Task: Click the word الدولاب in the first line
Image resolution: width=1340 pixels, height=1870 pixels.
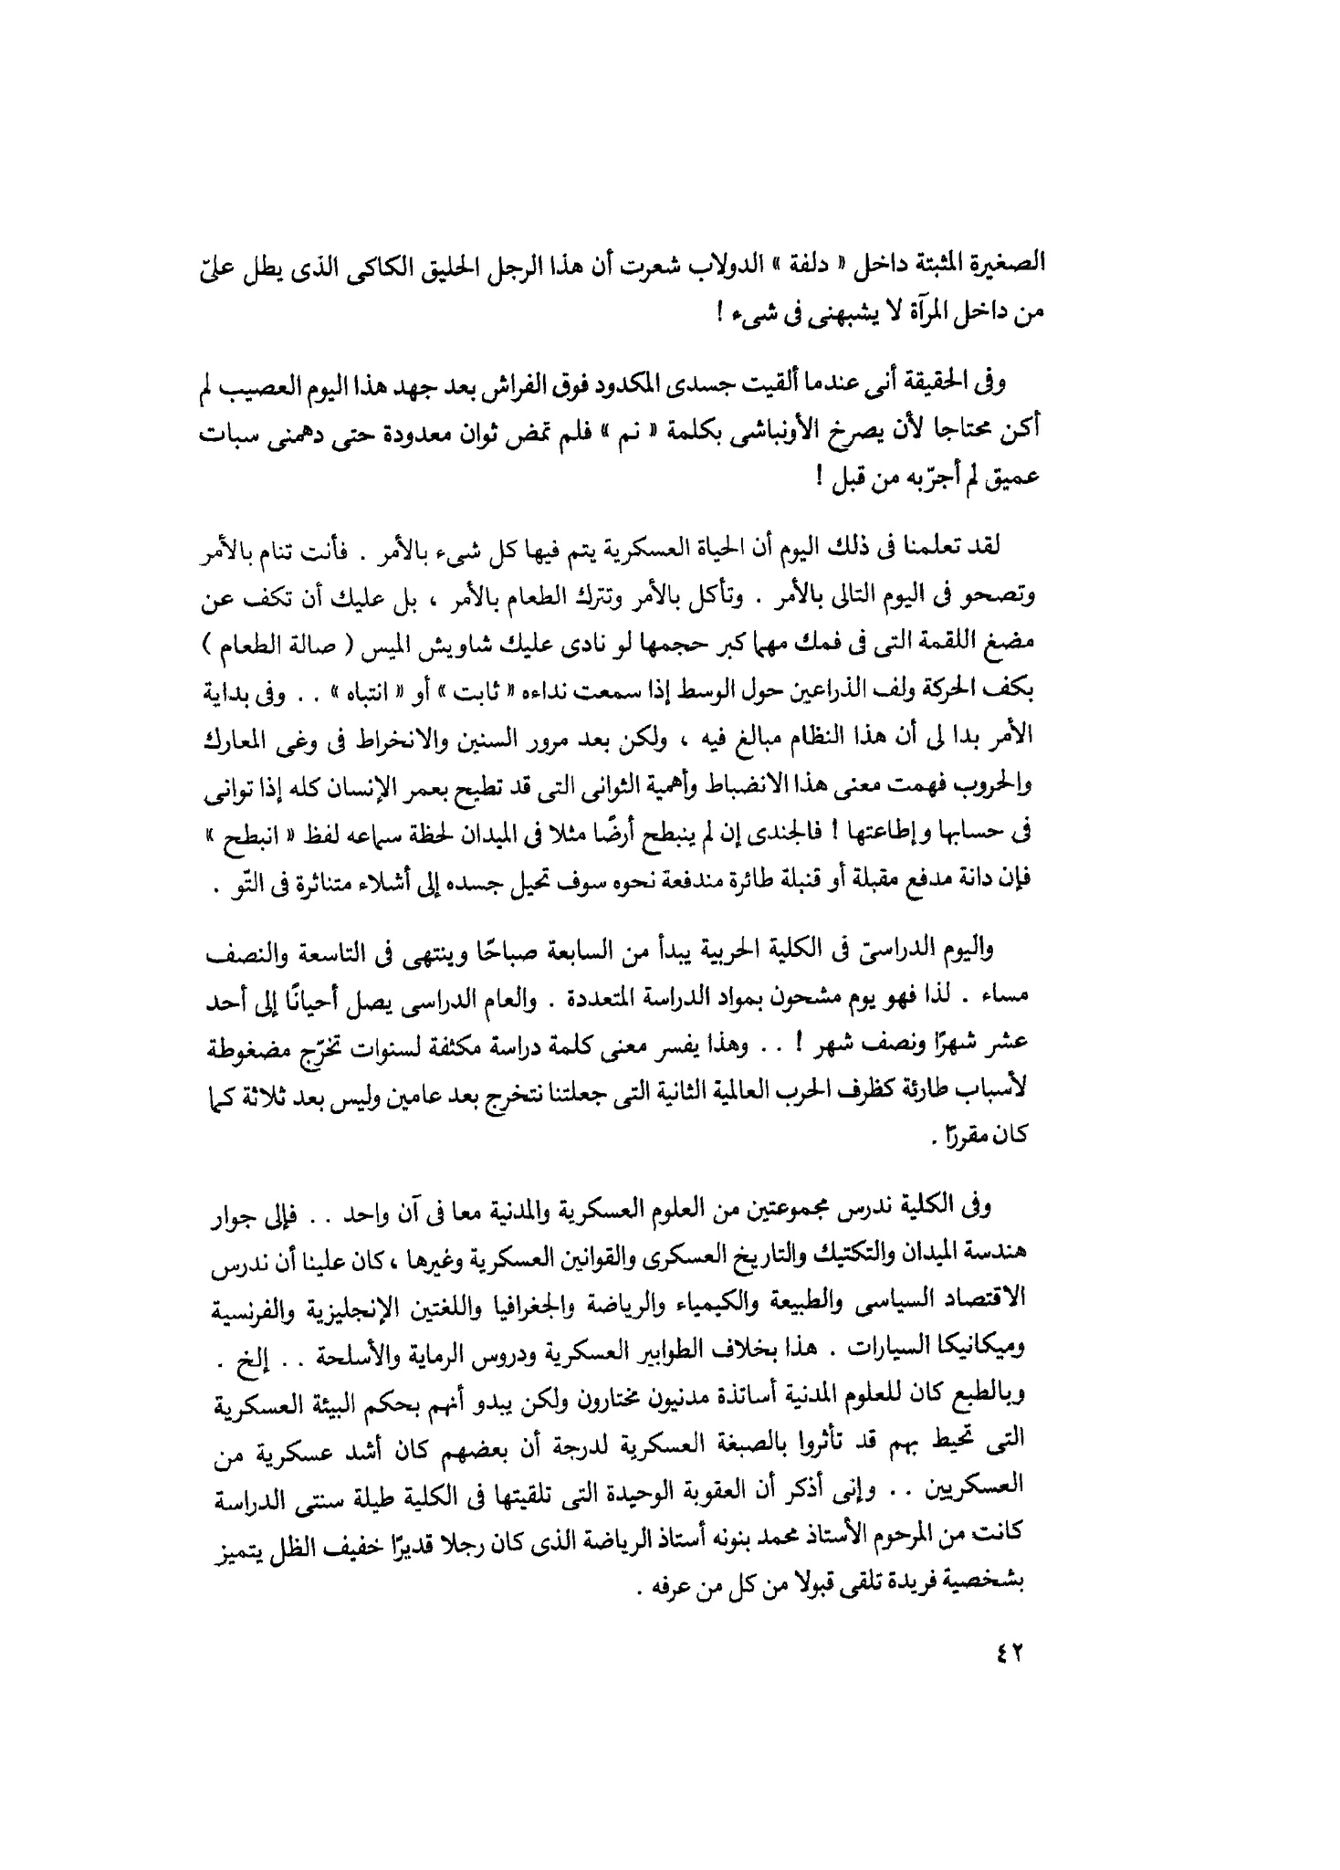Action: [711, 264]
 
